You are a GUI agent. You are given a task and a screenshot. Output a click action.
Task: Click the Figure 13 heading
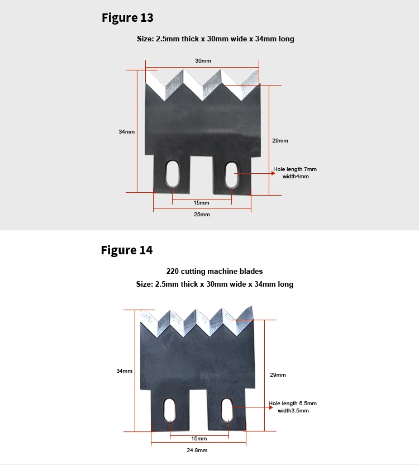(127, 18)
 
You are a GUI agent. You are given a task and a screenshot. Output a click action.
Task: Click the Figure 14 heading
(126, 250)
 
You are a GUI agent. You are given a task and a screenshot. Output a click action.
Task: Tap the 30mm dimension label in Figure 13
(203, 60)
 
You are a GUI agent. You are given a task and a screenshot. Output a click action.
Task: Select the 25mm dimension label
(202, 215)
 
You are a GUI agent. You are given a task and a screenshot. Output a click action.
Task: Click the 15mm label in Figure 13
(202, 202)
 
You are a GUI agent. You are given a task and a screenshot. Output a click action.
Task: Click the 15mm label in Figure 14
(199, 439)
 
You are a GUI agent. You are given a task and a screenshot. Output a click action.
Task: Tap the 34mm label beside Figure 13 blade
(126, 132)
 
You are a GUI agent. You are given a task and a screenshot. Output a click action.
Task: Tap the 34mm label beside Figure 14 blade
(124, 371)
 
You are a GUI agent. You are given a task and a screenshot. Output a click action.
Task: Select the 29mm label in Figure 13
(280, 141)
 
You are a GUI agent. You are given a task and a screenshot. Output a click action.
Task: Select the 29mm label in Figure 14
(278, 374)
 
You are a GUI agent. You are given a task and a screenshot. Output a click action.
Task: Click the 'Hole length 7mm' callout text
(295, 169)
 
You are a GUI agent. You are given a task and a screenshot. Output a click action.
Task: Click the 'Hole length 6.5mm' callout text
(293, 404)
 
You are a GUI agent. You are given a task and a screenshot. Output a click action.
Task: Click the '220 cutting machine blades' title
(215, 271)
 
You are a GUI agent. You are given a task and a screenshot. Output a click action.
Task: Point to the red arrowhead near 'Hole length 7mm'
(273, 173)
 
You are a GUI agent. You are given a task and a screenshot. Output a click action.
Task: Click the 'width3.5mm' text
(293, 411)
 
